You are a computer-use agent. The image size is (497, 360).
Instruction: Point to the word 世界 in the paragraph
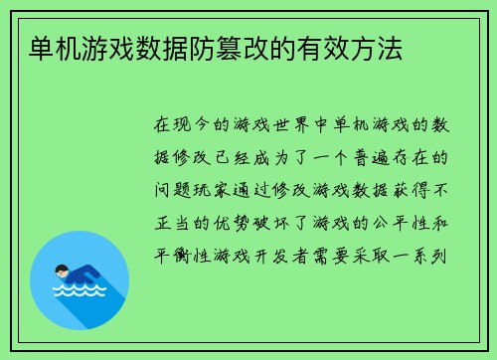pos(282,126)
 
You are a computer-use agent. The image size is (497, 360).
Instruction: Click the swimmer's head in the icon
pos(62,270)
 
